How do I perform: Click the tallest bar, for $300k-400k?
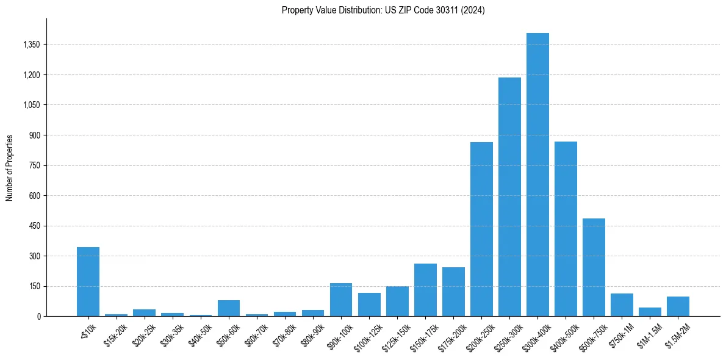click(x=537, y=175)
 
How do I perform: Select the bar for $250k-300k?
click(x=509, y=196)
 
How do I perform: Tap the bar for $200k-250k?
click(x=481, y=229)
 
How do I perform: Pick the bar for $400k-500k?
click(x=566, y=229)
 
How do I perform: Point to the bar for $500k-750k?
click(x=594, y=267)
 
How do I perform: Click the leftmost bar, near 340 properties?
click(x=88, y=281)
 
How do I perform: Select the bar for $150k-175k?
click(x=425, y=290)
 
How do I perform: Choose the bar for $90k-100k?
click(x=341, y=300)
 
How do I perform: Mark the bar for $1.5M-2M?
click(x=678, y=306)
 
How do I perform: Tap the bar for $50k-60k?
click(x=229, y=308)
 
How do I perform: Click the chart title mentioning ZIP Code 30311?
click(x=383, y=10)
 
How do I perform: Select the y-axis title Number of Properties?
click(x=10, y=167)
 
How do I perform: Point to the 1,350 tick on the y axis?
click(x=31, y=45)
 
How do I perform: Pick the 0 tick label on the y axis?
click(x=38, y=316)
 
